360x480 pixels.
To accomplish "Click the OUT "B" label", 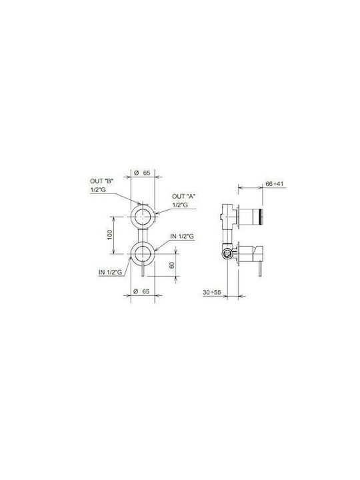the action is tap(101, 181).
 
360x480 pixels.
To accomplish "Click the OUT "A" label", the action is tap(184, 196).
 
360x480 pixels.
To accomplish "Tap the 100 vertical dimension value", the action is tap(110, 235).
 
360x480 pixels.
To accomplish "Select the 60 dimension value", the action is tap(172, 265).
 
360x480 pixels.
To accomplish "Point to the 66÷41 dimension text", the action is tap(275, 184).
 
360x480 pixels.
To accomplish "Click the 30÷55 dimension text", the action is tap(212, 293).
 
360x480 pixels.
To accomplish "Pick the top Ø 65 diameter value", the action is tap(143, 173).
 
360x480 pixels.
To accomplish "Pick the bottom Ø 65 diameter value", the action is tap(142, 291).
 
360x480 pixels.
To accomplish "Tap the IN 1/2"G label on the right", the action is tap(182, 236).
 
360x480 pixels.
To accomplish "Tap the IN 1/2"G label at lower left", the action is tap(111, 272).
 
